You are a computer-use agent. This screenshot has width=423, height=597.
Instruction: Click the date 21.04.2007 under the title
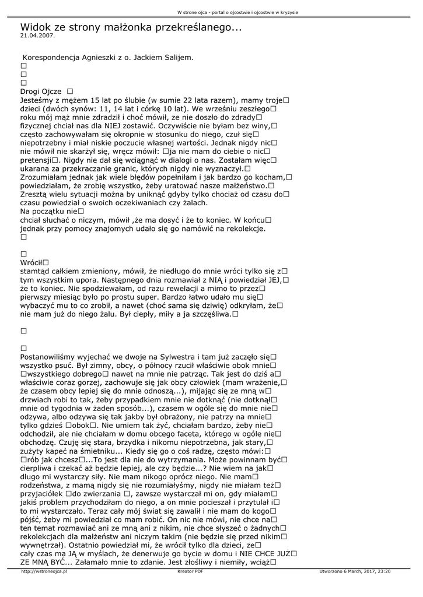coord(37,36)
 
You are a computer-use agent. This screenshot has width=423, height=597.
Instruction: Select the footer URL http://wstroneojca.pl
coord(44,572)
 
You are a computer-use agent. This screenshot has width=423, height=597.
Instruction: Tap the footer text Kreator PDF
coord(190,572)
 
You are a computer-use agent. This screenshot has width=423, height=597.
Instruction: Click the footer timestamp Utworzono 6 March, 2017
coord(355,572)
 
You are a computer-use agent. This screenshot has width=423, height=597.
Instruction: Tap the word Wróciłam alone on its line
coord(33,263)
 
